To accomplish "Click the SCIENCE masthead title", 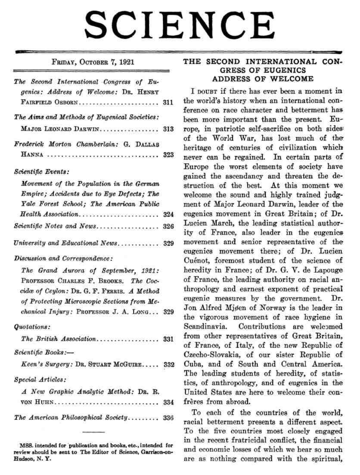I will tap(180, 25).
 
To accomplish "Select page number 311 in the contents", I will tap(168, 103).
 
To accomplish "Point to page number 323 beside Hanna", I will tap(168, 154).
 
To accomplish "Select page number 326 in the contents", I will tap(168, 226).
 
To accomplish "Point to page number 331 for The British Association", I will tap(168, 339).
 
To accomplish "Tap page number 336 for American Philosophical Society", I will tap(168, 418).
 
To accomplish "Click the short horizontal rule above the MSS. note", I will tap(93, 432).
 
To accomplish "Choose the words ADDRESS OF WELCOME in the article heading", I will tap(263, 79).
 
